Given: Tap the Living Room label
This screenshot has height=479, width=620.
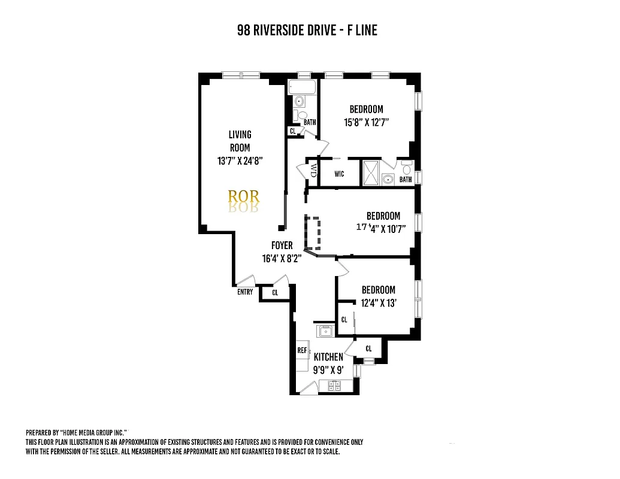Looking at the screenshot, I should [x=240, y=141].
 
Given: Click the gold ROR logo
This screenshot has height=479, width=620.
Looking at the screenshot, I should [x=244, y=196].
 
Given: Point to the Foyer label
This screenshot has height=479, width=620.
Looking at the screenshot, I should [x=282, y=245].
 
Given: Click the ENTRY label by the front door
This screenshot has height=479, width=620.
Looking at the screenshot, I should [x=245, y=292].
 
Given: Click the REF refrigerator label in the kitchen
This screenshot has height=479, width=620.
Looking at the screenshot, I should [x=303, y=350].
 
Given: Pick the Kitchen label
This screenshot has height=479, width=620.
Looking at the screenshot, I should [x=328, y=357].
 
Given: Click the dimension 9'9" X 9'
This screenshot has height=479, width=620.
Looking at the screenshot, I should [x=328, y=369].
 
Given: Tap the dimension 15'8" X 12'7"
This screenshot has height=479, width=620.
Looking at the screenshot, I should [x=366, y=123].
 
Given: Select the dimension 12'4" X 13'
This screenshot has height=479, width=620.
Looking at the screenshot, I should [x=378, y=303].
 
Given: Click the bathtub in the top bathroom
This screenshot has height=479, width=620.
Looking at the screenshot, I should [x=301, y=87].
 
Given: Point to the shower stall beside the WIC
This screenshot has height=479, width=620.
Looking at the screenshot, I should [x=370, y=173].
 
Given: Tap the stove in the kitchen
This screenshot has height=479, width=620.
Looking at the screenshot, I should [x=334, y=386].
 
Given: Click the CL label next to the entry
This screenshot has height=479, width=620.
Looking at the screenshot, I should [x=275, y=293].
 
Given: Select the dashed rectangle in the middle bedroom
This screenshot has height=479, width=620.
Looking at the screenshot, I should [x=313, y=232].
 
